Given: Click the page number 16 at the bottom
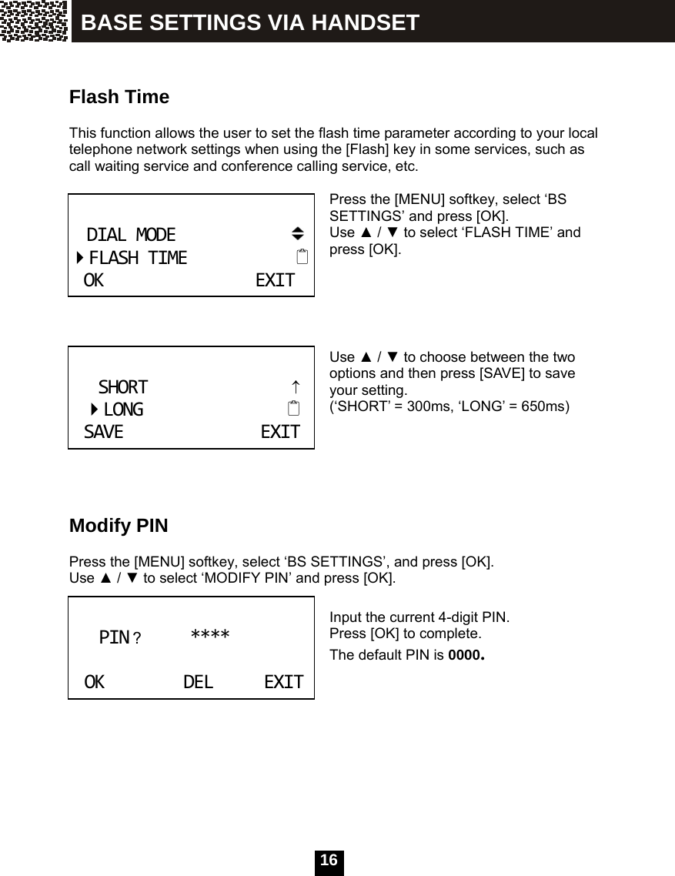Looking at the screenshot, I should pos(329,861).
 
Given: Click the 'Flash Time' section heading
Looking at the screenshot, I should pos(119,98).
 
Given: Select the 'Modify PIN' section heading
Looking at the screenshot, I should pos(119,527).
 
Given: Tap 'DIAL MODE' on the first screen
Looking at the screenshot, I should pos(131,234).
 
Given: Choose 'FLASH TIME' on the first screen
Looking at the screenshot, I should pos(138,258).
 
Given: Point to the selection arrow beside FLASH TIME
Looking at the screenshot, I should pos(80,257).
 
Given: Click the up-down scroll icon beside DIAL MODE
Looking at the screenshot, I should pos(298,233).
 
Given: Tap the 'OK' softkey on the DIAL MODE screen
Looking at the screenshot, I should pos(93,281).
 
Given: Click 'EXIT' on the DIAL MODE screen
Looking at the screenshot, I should pos(275,281).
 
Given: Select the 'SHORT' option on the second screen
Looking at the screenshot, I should pos(123,386).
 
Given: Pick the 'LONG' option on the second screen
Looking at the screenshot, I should pos(123,410).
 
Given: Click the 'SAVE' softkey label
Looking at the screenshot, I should pos(103,433).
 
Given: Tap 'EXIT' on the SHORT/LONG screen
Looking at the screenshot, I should pos(280,433).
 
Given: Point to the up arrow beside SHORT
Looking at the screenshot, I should pos(296,386).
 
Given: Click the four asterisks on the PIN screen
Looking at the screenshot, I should pos(210,636).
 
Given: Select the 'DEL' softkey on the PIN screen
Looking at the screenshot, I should pos(199,682).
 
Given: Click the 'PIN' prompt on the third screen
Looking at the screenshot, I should pos(115,638).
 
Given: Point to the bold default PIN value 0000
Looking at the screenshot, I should pos(466,657).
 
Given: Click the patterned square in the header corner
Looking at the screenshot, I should pos(34,21).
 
